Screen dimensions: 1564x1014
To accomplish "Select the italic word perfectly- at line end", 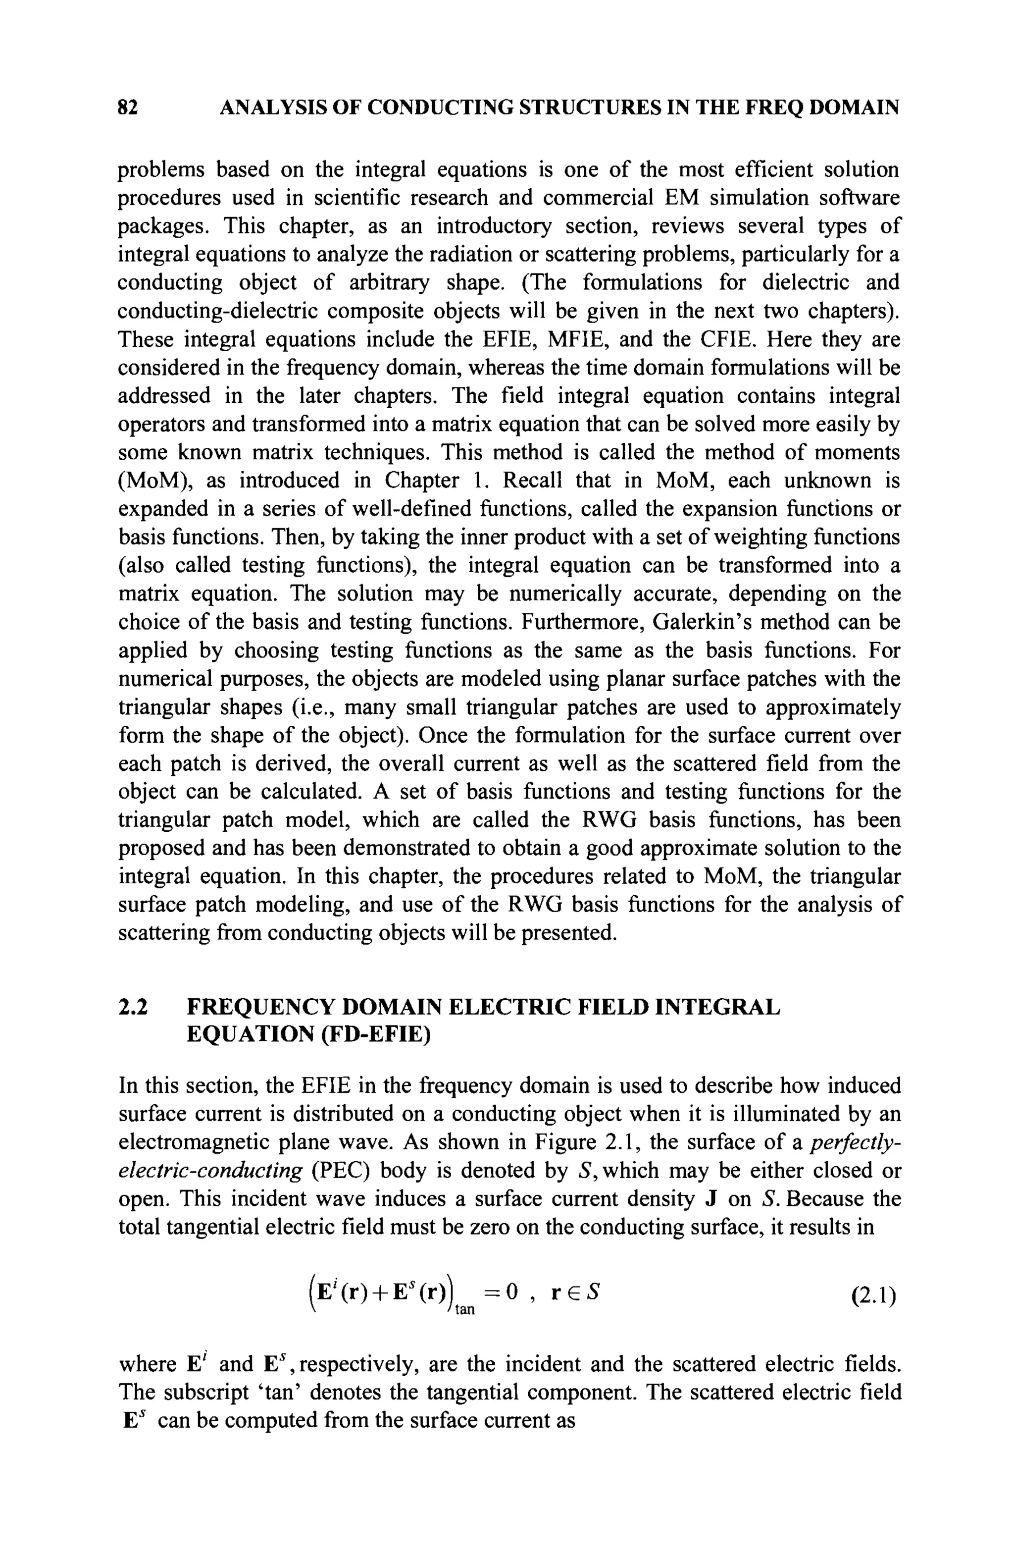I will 855,1143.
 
